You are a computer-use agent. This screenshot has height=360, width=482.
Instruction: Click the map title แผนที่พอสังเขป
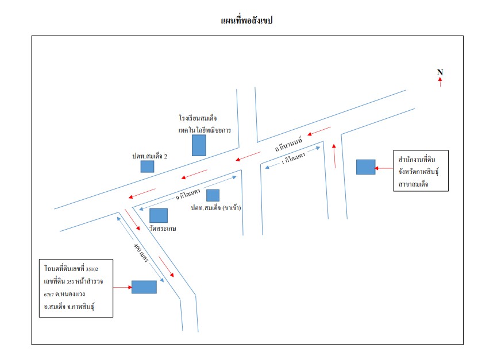coord(246,21)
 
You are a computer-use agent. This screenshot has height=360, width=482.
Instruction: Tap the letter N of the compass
coord(440,72)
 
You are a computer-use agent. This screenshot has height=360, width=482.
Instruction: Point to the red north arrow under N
coord(440,82)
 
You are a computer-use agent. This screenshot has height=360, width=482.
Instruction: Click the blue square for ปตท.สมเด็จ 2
coord(147,167)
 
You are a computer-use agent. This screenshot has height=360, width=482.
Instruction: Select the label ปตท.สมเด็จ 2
coord(150,156)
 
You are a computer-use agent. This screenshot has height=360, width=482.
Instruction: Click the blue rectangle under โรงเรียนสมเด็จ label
coord(199,145)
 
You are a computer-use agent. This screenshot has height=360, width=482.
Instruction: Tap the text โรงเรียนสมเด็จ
coord(198,118)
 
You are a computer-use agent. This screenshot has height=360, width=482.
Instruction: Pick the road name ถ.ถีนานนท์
coord(288,144)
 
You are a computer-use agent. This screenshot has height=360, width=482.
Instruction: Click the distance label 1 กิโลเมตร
coord(293,158)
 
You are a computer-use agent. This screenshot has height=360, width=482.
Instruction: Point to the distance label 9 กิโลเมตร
coord(188,195)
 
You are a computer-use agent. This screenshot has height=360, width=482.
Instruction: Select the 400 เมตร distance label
coord(141,253)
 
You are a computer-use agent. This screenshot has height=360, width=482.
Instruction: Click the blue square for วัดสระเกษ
coord(159,216)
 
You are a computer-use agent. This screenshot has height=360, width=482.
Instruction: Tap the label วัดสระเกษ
coord(163,229)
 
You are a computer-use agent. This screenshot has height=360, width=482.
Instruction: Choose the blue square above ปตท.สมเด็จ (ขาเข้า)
coord(213,195)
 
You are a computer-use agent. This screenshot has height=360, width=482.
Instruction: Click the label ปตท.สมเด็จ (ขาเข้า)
coord(215,208)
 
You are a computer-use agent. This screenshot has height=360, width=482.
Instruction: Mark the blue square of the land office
coord(366,167)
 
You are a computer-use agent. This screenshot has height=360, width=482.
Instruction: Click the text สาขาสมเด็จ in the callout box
coord(413,184)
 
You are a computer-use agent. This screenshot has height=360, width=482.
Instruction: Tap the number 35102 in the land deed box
coord(92,269)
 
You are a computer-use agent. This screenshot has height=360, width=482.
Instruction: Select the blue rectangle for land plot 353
coord(144,287)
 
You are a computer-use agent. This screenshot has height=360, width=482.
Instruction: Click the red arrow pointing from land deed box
coord(122,287)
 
